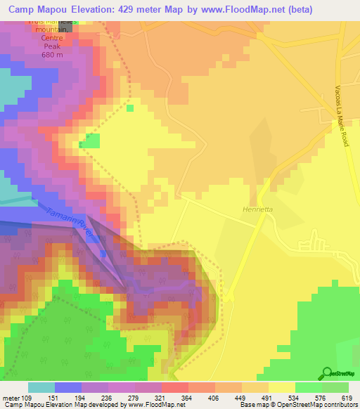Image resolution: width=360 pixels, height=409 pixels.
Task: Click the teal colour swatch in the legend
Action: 41,387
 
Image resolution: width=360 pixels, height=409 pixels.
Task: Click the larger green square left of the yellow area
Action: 89,141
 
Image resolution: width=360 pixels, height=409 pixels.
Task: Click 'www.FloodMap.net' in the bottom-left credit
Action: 150,405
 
